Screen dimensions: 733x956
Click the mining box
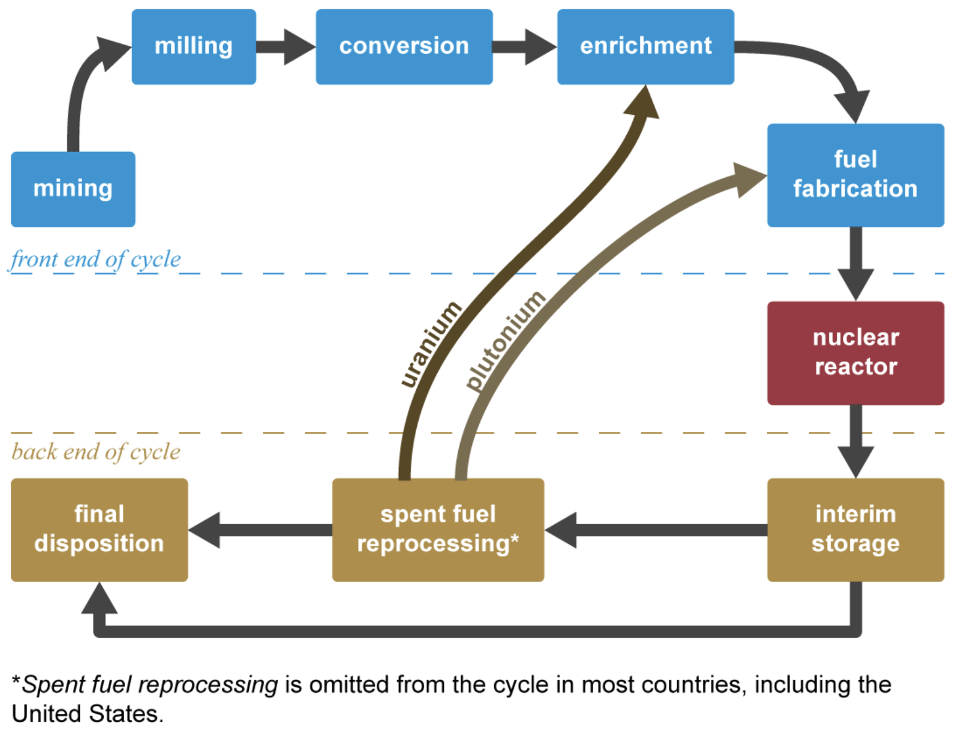point(73,189)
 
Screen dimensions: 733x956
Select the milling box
point(193,46)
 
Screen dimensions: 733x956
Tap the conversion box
point(404,46)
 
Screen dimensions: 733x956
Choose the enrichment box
point(645,46)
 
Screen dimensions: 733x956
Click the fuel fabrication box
point(855,175)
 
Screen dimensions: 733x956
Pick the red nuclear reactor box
point(855,352)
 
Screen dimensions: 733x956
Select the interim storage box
point(855,530)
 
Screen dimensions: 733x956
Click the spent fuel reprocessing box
point(438,530)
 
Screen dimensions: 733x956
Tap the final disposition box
point(99,530)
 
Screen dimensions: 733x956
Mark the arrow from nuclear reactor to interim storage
point(855,441)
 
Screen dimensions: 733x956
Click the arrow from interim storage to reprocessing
point(655,530)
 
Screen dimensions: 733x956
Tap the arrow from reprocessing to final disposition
point(259,530)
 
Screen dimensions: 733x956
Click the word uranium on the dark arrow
point(430,344)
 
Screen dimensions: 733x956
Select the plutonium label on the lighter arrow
point(505,340)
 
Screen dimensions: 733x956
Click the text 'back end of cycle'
point(96,452)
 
